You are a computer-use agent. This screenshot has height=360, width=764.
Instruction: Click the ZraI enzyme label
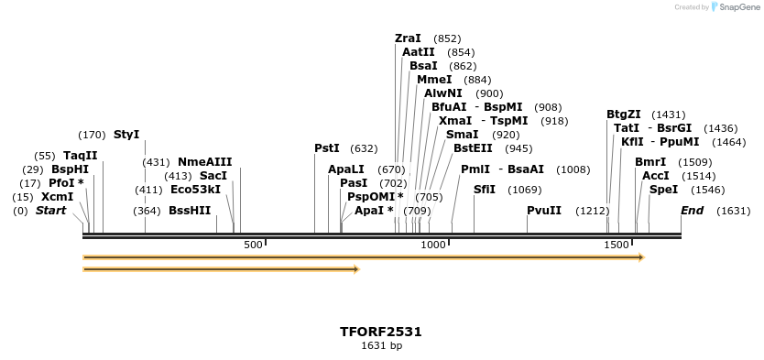pyautogui.click(x=408, y=38)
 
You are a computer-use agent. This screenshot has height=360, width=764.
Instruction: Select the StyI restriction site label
pyautogui.click(x=126, y=135)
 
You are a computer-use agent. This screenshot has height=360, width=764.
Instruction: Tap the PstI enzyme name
pyautogui.click(x=327, y=148)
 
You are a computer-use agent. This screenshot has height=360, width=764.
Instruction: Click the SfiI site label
pyautogui.click(x=485, y=190)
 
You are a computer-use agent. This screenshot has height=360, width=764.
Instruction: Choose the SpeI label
pyautogui.click(x=663, y=190)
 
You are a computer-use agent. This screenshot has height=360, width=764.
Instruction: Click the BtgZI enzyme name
pyautogui.click(x=624, y=115)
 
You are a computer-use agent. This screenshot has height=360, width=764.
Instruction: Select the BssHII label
pyautogui.click(x=190, y=211)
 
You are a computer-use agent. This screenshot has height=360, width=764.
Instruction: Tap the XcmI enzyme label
pyautogui.click(x=57, y=197)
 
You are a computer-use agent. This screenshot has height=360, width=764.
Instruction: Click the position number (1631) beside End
pyautogui.click(x=733, y=211)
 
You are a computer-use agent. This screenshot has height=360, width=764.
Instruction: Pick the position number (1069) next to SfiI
pyautogui.click(x=525, y=190)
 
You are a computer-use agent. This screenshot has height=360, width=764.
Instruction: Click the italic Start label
pyautogui.click(x=51, y=211)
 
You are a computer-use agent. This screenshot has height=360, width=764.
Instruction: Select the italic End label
pyautogui.click(x=692, y=211)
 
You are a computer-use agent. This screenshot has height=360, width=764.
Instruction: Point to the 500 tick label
pyautogui.click(x=254, y=245)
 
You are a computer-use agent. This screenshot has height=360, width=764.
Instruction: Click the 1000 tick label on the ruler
pyautogui.click(x=433, y=245)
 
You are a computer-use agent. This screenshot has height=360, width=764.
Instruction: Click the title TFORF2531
pyautogui.click(x=381, y=332)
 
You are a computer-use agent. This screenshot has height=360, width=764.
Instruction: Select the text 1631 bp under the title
pyautogui.click(x=381, y=346)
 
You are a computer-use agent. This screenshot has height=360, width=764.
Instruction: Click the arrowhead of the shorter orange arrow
pyautogui.click(x=356, y=269)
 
